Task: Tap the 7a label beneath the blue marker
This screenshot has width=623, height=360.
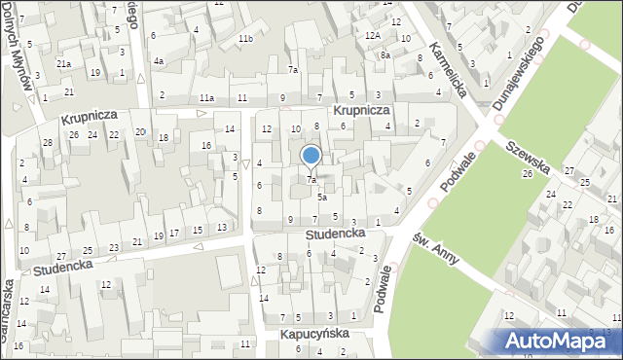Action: pos(311,180)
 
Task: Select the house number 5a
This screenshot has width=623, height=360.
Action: pos(321,197)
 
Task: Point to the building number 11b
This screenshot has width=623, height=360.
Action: pos(245,39)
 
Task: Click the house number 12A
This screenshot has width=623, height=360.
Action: pos(372,35)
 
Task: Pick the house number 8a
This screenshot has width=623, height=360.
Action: pos(385,55)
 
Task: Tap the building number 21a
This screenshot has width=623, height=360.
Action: pos(63,64)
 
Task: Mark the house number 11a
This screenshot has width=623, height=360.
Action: pos(206,98)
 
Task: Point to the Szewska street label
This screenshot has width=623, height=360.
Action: pos(529,155)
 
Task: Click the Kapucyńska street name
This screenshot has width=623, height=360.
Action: pos(314,334)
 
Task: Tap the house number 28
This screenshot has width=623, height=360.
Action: pos(47,143)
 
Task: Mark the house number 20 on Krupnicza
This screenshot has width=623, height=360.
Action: pos(140,132)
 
